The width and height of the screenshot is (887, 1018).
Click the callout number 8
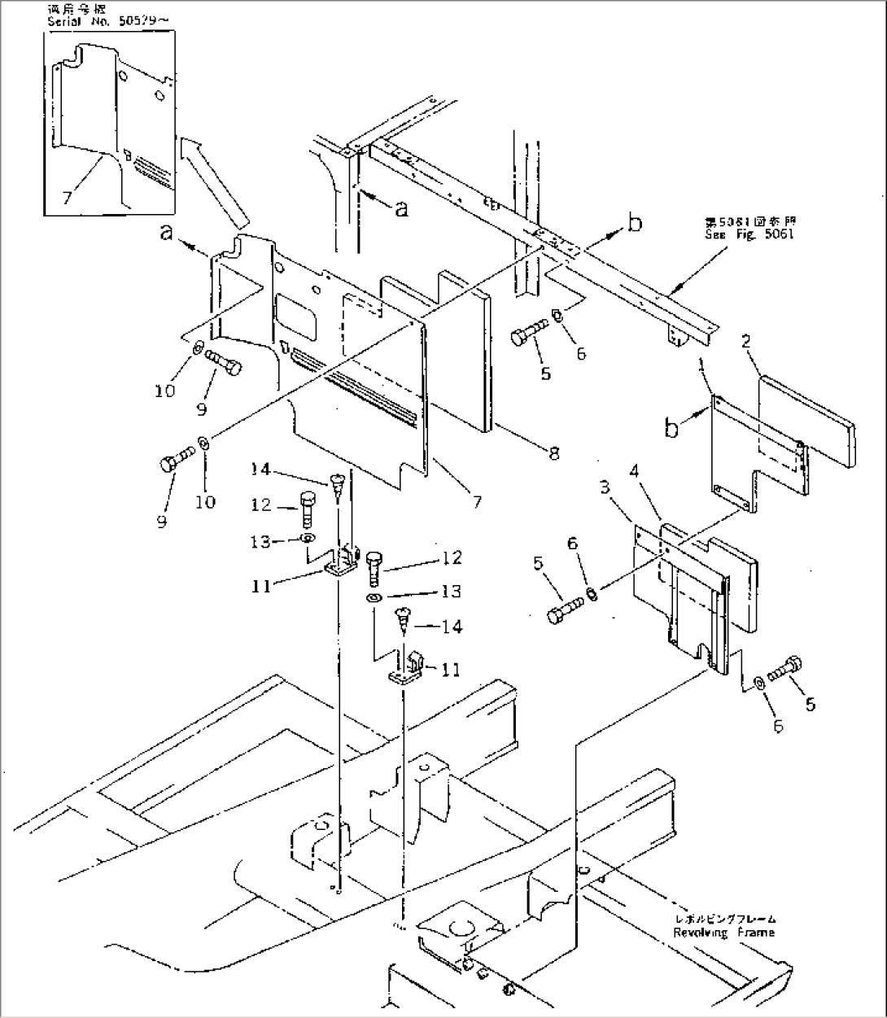pyautogui.click(x=554, y=453)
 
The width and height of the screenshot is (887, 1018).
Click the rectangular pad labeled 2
pyautogui.click(x=806, y=419)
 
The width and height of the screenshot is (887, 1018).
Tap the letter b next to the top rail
pyautogui.click(x=635, y=221)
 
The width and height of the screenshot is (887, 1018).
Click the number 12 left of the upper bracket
pyautogui.click(x=260, y=505)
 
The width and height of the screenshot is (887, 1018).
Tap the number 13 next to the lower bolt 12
pyautogui.click(x=452, y=592)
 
